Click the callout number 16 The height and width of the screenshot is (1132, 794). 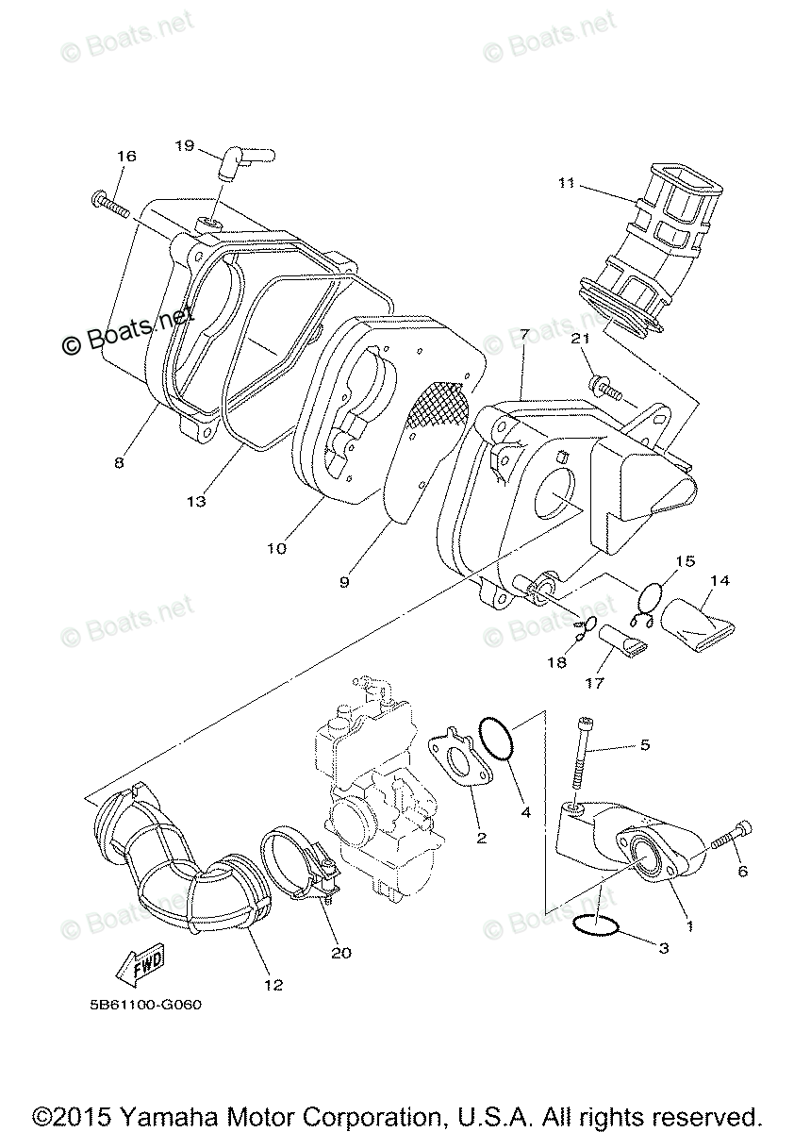(126, 156)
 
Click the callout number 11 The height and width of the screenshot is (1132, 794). (566, 183)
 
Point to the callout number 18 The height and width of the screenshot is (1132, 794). (557, 663)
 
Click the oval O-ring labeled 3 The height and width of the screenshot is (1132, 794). (596, 925)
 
